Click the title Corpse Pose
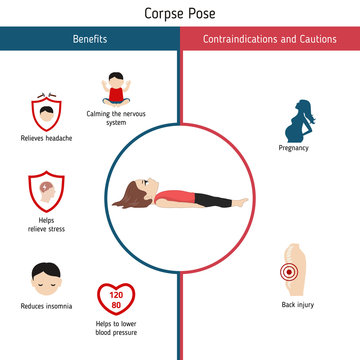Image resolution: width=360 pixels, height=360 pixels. pos(180,14)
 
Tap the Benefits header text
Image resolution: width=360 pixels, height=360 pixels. pos(90,39)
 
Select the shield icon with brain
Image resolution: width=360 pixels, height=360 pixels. pos(45,190)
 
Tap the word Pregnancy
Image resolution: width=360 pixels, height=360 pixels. pos(294,148)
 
